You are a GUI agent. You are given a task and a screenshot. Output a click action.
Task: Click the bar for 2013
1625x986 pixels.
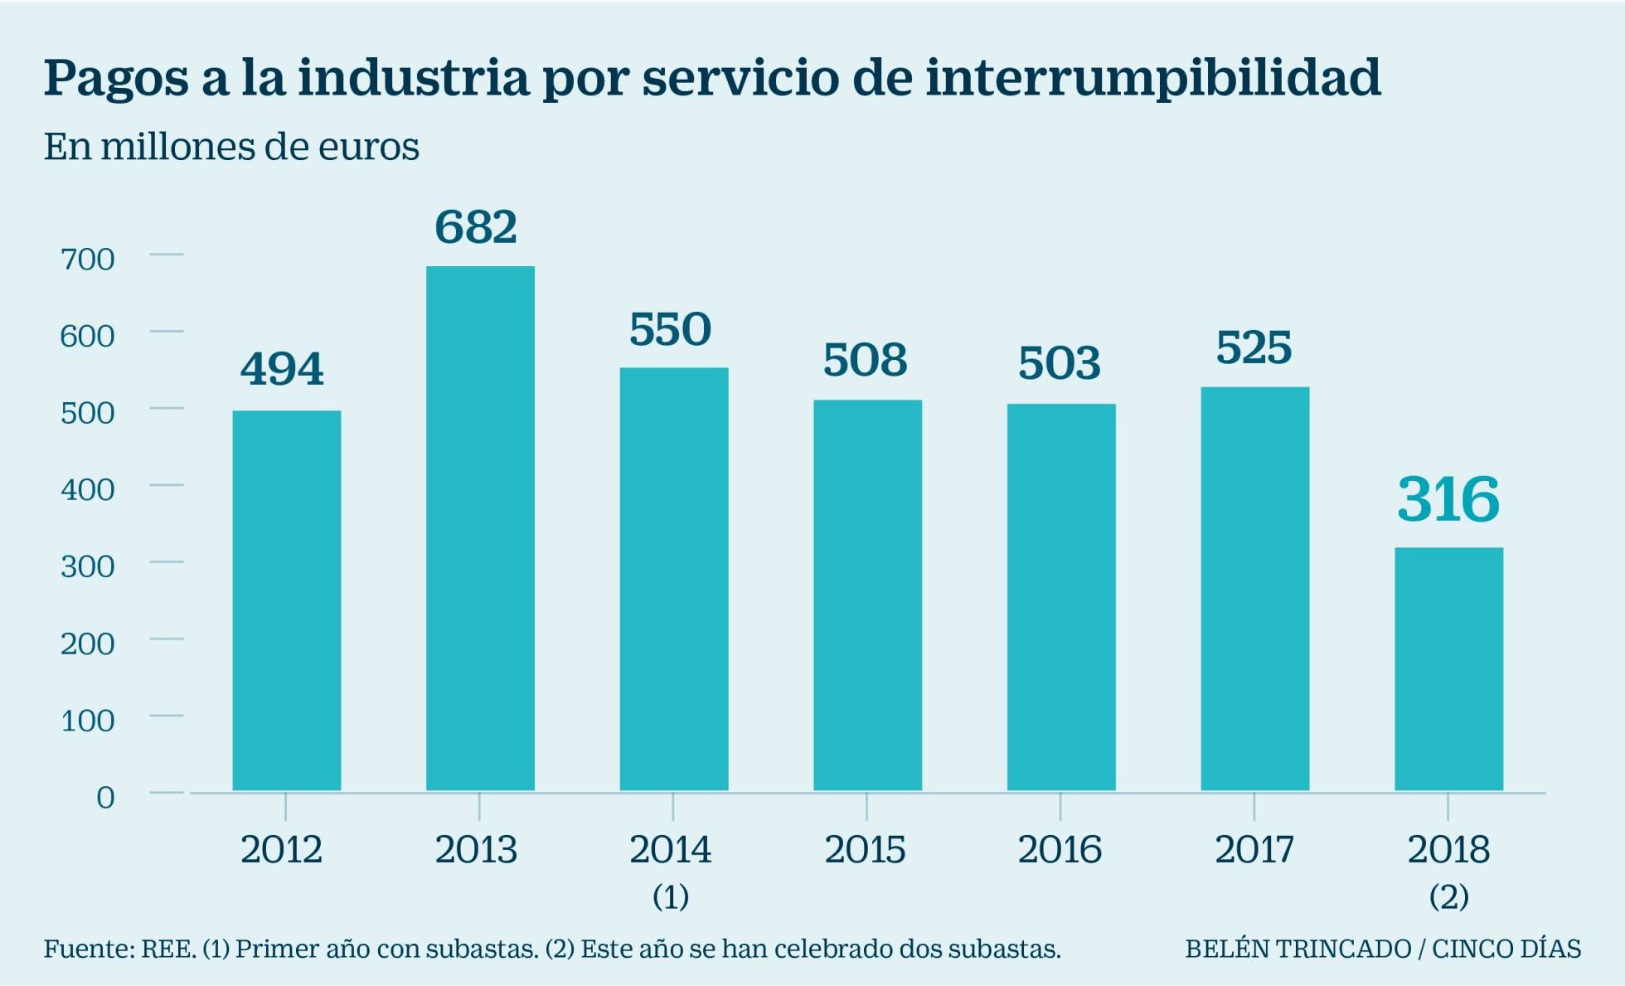coord(480,528)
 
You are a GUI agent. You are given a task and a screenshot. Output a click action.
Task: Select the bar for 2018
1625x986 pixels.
coord(1448,668)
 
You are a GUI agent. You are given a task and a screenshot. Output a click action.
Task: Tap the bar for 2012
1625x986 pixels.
coord(286,600)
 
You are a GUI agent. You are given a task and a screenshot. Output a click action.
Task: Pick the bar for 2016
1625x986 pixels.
coord(1061,597)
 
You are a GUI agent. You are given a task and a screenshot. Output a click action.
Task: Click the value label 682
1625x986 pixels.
coord(476,226)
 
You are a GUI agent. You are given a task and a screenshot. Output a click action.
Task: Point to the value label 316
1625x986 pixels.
coord(1448,499)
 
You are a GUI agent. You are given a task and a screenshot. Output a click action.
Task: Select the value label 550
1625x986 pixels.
coord(670,329)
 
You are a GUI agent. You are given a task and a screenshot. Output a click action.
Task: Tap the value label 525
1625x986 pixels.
coord(1254,347)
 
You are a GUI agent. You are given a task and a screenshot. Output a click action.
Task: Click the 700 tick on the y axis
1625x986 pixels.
coord(87,260)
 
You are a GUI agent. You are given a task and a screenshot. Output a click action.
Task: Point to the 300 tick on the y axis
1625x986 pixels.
coord(87,566)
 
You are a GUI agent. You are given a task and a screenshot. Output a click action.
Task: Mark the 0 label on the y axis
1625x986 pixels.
coord(105,797)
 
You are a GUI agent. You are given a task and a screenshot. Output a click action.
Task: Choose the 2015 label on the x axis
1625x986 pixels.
coord(865,849)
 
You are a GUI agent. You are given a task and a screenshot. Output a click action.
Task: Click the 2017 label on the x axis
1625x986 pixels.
coord(1254,849)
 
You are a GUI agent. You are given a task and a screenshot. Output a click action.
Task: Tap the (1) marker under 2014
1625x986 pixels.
coord(671,896)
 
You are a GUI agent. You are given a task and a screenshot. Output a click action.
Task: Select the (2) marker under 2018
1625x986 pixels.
coord(1448,896)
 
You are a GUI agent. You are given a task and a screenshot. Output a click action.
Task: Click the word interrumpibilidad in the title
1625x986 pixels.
coord(1152,78)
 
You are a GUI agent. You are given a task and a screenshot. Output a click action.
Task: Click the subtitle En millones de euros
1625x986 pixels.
coord(231,147)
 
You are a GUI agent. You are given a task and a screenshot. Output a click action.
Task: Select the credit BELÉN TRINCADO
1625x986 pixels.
coord(1298,948)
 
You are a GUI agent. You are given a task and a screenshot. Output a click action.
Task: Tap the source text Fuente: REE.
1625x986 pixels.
coord(119,948)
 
